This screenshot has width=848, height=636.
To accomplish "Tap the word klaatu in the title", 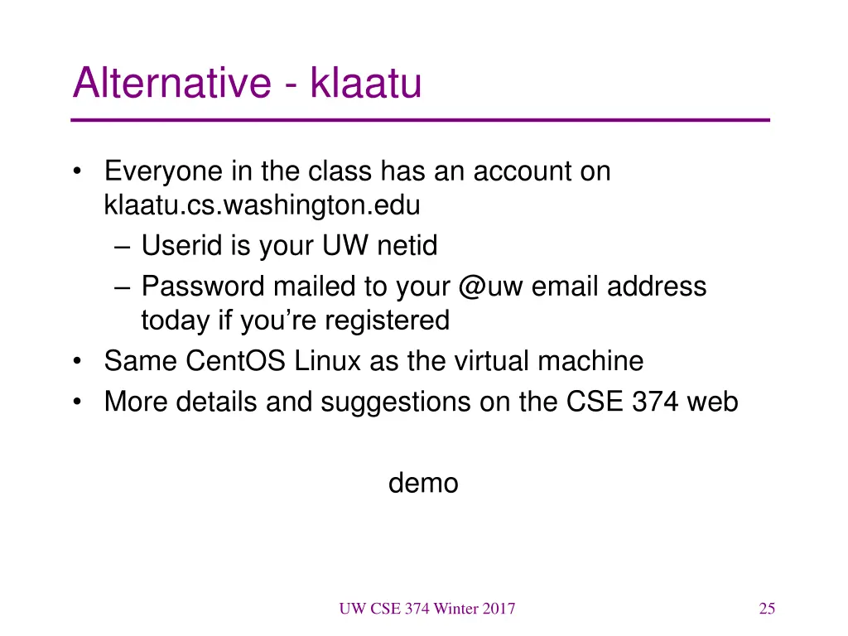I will pos(365,84).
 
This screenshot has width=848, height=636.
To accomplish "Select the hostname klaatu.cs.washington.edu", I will pos(263,204).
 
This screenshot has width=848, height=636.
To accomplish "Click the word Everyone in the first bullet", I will pos(163,171).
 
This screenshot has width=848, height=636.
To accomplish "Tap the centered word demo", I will pos(423,483).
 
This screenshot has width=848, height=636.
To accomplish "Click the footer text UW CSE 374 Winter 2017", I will pos(426,609).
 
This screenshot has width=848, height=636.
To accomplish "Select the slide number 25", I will pos(767,609).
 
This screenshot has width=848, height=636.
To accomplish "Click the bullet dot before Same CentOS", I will pos(77,362).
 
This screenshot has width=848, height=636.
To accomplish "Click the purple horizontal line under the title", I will pos(420,121).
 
